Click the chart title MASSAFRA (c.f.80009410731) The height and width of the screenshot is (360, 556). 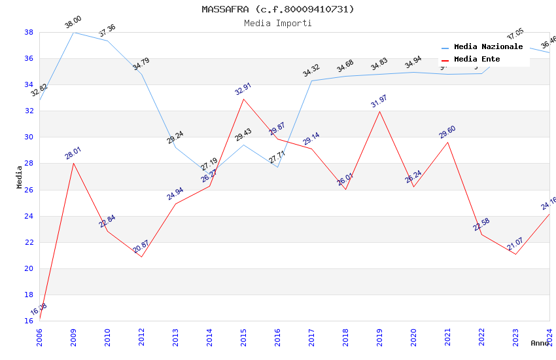[278, 9]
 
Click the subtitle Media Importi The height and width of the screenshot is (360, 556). [278, 23]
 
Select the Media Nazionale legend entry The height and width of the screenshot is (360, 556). [488, 47]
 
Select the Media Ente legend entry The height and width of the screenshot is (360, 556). [477, 60]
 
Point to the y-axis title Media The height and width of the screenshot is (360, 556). [20, 177]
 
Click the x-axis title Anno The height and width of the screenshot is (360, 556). [540, 343]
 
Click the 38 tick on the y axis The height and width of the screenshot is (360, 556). [29, 32]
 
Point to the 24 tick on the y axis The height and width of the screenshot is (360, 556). [29, 216]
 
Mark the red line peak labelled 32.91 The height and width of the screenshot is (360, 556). [243, 99]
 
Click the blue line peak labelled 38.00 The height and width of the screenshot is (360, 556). [73, 32]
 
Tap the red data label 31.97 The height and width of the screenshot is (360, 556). [379, 101]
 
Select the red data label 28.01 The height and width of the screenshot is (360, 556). [73, 153]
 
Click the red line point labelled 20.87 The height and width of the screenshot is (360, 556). [141, 257]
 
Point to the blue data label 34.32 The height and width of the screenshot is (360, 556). [311, 71]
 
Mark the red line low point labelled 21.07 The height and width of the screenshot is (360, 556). [515, 254]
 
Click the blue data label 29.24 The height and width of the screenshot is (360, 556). [175, 137]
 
